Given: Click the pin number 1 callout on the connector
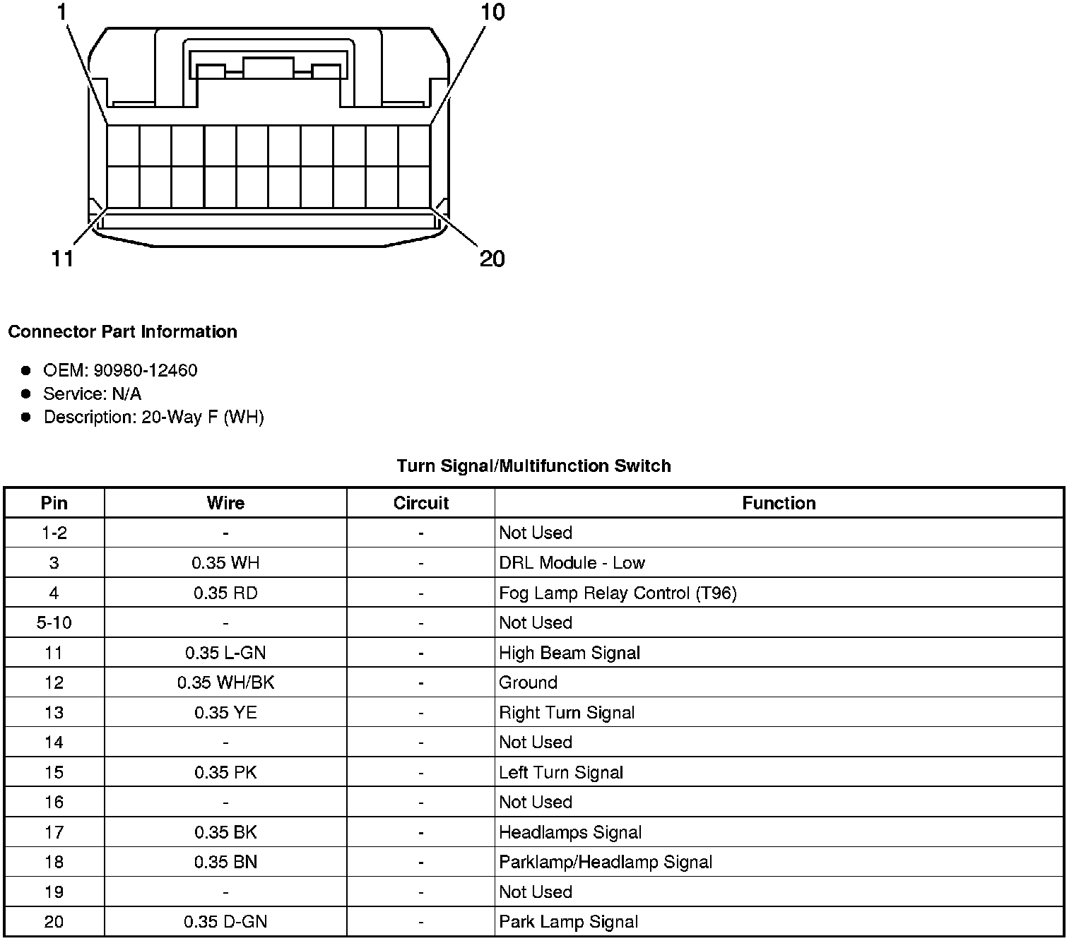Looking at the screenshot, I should [x=64, y=12].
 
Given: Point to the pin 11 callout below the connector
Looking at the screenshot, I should [x=63, y=259].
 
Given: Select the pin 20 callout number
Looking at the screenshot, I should [x=492, y=259].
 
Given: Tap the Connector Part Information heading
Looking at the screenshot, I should [x=122, y=332].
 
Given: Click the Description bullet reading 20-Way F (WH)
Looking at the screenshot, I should [x=153, y=417].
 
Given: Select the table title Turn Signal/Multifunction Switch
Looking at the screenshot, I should [x=533, y=466].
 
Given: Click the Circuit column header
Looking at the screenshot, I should [x=420, y=503].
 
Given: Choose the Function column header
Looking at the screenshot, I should [x=779, y=503].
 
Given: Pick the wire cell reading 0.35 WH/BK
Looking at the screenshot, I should [x=225, y=682].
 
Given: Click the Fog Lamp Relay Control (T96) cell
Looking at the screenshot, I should [x=618, y=593].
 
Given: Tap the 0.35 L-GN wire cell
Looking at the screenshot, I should [x=225, y=653].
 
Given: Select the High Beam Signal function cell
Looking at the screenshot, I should [x=570, y=653].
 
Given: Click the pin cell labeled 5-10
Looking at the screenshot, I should [x=54, y=622].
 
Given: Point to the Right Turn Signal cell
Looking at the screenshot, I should [x=567, y=712].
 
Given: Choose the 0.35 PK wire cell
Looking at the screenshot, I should [x=225, y=772].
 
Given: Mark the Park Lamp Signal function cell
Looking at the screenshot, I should [x=568, y=922].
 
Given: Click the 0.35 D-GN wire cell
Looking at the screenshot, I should [x=225, y=922].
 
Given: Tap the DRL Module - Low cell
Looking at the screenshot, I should [x=572, y=563].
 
